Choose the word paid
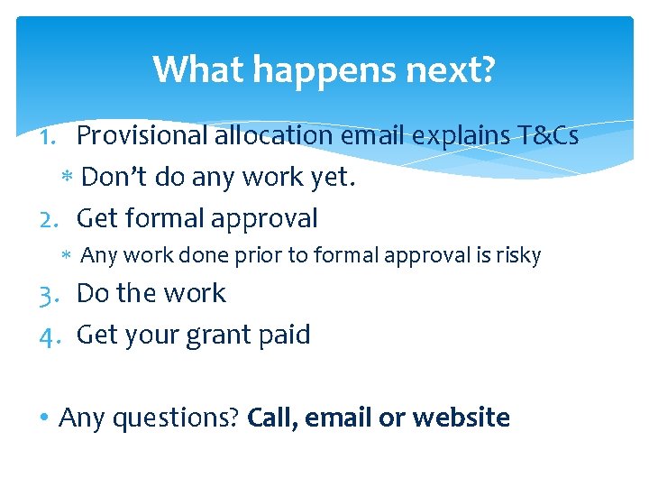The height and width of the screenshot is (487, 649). (288, 335)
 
